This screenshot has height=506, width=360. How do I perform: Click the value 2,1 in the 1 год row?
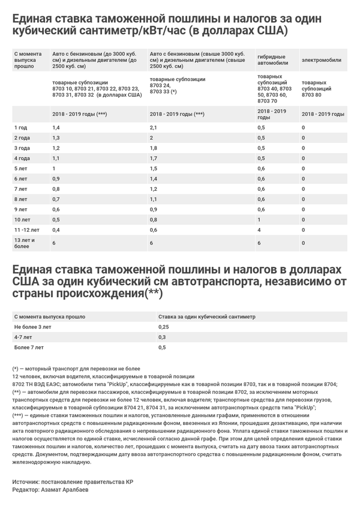(x=153, y=128)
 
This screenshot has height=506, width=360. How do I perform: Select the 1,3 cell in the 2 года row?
(x=56, y=138)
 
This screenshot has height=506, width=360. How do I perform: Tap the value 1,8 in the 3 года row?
(x=153, y=148)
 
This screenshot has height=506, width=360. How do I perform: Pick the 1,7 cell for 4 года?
(x=153, y=158)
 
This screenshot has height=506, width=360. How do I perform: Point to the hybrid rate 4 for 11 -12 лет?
(x=259, y=230)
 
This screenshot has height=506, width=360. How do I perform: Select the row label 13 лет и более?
(x=23, y=243)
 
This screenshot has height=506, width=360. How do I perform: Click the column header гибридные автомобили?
(x=272, y=59)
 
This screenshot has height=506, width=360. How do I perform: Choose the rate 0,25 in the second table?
(x=163, y=327)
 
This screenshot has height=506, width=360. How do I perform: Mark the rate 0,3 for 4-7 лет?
(x=161, y=337)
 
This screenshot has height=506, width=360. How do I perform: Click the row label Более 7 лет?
(x=29, y=348)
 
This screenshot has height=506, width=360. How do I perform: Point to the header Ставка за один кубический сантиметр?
(x=207, y=316)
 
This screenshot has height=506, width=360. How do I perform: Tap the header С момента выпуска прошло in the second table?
(x=49, y=316)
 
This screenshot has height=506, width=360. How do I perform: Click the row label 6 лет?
(x=20, y=179)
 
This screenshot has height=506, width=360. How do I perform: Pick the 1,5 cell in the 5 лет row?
(x=153, y=169)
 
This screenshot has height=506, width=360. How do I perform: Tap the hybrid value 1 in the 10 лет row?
(x=259, y=220)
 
